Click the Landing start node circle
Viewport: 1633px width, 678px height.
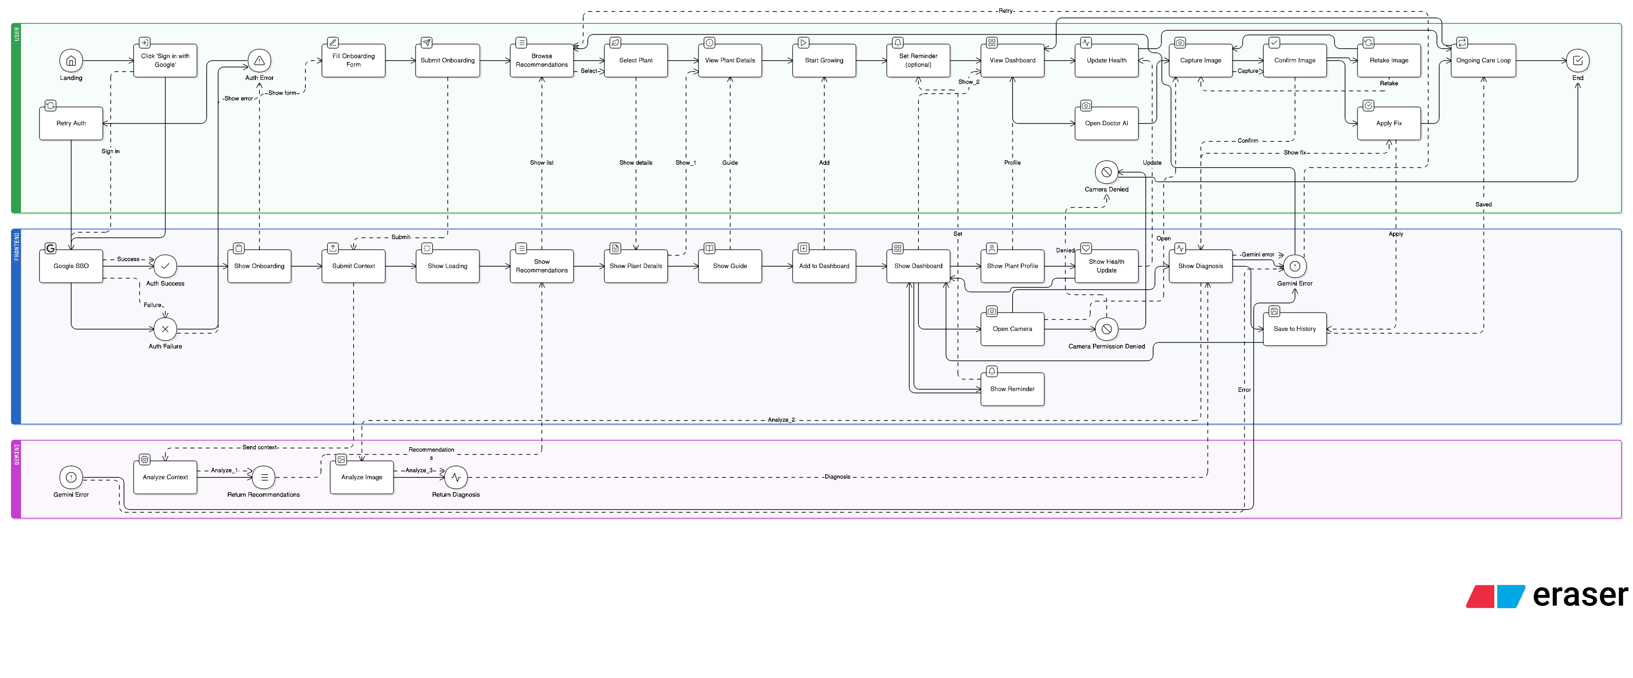(x=71, y=61)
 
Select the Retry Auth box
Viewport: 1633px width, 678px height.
(x=71, y=123)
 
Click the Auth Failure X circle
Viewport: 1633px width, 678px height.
(x=165, y=329)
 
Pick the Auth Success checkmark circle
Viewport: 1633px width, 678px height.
(x=165, y=266)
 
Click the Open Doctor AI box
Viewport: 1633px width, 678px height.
(x=1106, y=123)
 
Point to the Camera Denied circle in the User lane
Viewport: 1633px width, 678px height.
(x=1106, y=172)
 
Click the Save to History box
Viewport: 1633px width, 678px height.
(x=1295, y=329)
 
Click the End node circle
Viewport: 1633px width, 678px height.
(x=1578, y=61)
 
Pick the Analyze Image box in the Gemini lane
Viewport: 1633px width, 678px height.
(x=362, y=477)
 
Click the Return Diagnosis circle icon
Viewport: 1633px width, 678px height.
(x=456, y=477)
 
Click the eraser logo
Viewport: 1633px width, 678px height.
(x=1547, y=596)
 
